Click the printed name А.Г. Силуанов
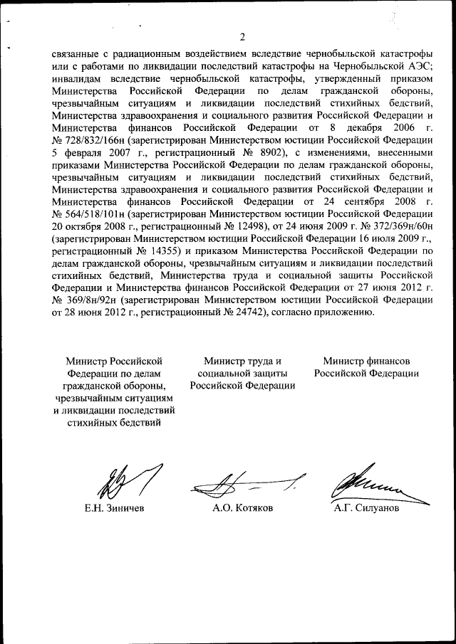pos(367,510)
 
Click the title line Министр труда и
pos(242,359)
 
